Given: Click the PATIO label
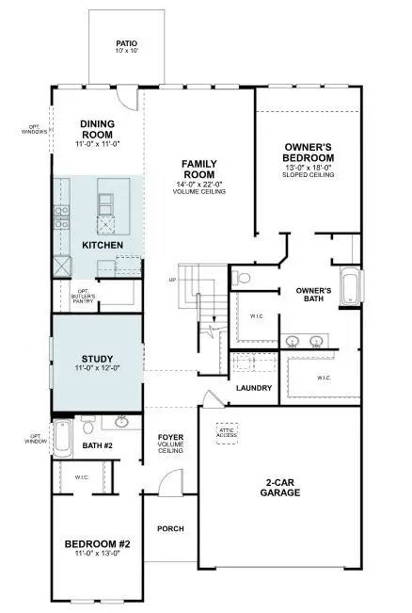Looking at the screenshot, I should coord(126,43).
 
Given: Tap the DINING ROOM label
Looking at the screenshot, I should coord(97,128).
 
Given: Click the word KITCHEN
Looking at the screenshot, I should coord(103,245).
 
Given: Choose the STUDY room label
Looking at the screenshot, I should coord(97,359).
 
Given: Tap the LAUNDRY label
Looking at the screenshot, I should coord(254,388).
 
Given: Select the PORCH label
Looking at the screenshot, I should coord(170,526).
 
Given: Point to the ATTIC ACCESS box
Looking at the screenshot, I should coord(227,431).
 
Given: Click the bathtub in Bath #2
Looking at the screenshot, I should coord(63,437).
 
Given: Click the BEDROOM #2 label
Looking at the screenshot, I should coord(96,544).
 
